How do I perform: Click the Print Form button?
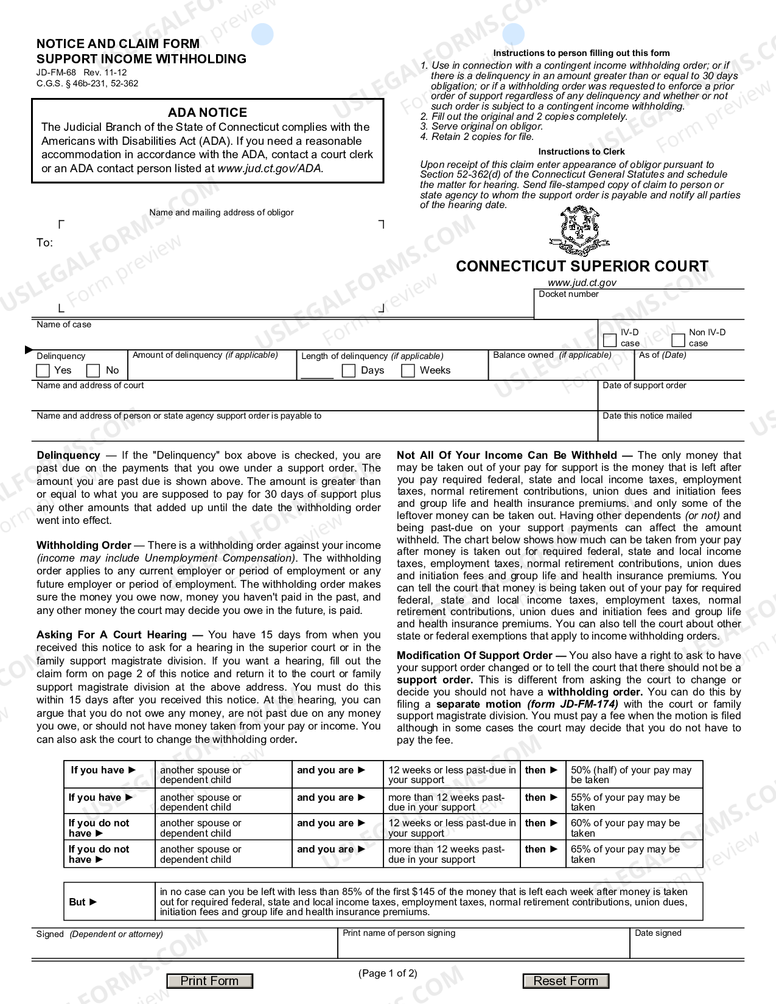(210, 981)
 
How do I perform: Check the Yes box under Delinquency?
(43, 371)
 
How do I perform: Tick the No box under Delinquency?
(93, 371)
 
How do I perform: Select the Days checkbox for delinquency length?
(349, 371)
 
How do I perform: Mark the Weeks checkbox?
(408, 371)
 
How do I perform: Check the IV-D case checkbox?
(609, 340)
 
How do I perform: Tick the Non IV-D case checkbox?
(678, 340)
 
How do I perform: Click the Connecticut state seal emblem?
(574, 231)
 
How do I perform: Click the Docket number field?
(639, 307)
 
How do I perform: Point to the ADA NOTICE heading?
(208, 113)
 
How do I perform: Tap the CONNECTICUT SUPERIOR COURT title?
(582, 267)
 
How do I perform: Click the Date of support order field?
(671, 399)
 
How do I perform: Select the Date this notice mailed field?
(671, 430)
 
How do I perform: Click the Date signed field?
(687, 947)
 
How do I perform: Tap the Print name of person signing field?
(483, 947)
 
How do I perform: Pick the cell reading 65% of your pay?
(634, 854)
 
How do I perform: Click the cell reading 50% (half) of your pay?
(634, 775)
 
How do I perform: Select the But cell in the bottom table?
(108, 902)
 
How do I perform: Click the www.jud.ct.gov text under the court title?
(582, 282)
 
